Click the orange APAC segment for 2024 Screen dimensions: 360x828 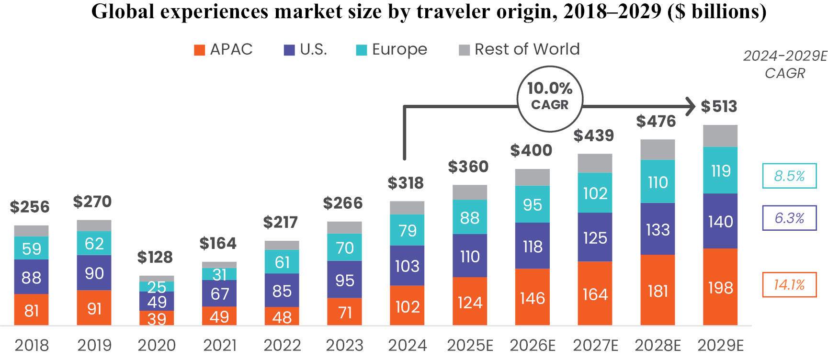click(407, 306)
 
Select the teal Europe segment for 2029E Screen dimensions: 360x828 click(720, 170)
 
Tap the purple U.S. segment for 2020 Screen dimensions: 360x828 click(157, 302)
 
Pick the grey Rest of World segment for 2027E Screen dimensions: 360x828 click(595, 163)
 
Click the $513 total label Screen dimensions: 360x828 click(719, 106)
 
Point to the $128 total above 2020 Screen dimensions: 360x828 click(155, 257)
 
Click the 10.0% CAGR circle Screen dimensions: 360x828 click(550, 99)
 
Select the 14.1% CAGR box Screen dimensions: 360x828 click(789, 285)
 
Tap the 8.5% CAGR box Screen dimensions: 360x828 click(789, 176)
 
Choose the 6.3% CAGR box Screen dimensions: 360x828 click(789, 218)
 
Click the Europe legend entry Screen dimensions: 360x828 click(391, 49)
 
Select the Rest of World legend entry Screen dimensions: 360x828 click(519, 49)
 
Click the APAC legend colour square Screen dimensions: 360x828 click(199, 50)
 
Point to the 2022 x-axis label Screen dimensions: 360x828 click(282, 345)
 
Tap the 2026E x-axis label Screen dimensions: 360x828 click(533, 345)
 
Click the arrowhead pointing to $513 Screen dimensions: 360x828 click(690, 106)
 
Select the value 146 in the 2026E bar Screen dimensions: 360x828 click(533, 298)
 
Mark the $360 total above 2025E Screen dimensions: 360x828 click(468, 167)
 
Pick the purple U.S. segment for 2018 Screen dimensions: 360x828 click(32, 277)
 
